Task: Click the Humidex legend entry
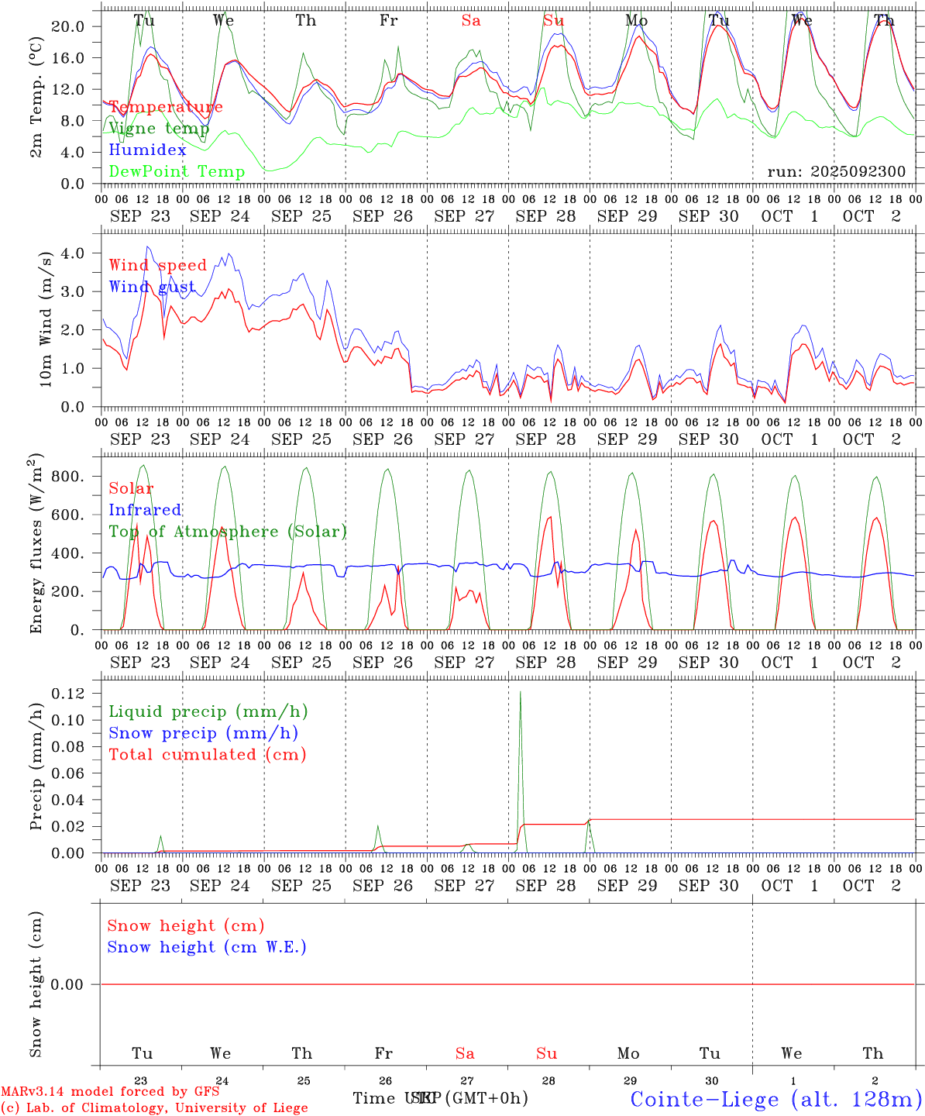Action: pyautogui.click(x=147, y=150)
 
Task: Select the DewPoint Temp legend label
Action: pyautogui.click(x=177, y=172)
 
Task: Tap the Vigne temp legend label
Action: pyautogui.click(x=159, y=129)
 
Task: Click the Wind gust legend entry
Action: pyautogui.click(x=152, y=287)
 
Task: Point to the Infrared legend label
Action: pyautogui.click(x=145, y=510)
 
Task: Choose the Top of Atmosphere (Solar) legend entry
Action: pyautogui.click(x=228, y=532)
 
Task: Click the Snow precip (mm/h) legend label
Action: pyautogui.click(x=203, y=733)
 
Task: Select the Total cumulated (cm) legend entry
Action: pyautogui.click(x=207, y=755)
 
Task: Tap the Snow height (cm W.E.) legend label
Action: pyautogui.click(x=207, y=947)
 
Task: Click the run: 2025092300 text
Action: pyautogui.click(x=836, y=171)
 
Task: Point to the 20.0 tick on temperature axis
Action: pyautogui.click(x=67, y=26)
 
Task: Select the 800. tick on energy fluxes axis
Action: pyautogui.click(x=67, y=477)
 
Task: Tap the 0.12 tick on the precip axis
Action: pyautogui.click(x=67, y=694)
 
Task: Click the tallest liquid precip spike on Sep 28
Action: pyautogui.click(x=520, y=692)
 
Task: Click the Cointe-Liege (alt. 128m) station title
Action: pyautogui.click(x=775, y=1099)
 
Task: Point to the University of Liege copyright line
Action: pyautogui.click(x=154, y=1107)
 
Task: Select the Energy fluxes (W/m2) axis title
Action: pyautogui.click(x=36, y=543)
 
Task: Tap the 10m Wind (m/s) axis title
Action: pyautogui.click(x=46, y=319)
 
